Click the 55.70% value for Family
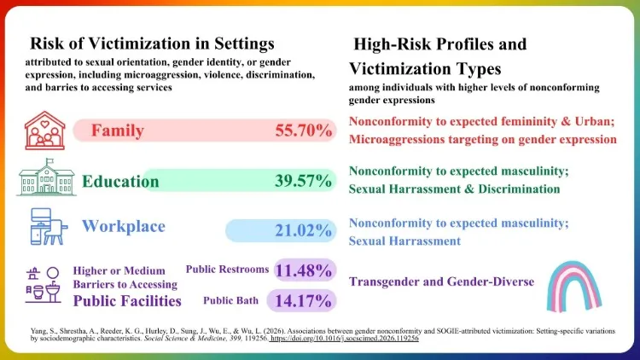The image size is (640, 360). [x=303, y=131]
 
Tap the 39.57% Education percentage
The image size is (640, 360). [x=303, y=180]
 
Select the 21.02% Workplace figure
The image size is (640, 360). [x=303, y=230]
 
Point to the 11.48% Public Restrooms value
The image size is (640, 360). [x=303, y=270]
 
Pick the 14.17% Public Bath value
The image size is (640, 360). [x=303, y=301]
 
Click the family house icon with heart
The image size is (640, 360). [x=45, y=131]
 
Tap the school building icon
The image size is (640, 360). [x=47, y=177]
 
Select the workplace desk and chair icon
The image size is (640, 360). [x=48, y=227]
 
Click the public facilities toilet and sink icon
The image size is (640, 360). [x=44, y=285]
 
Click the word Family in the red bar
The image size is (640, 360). [x=118, y=131]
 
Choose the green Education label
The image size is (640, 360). [x=120, y=181]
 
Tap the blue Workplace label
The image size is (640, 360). [x=124, y=226]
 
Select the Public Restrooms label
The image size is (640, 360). [x=227, y=270]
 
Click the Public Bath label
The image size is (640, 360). [x=231, y=301]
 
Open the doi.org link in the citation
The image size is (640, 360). [x=344, y=339]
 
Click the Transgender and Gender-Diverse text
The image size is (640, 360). [x=442, y=282]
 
